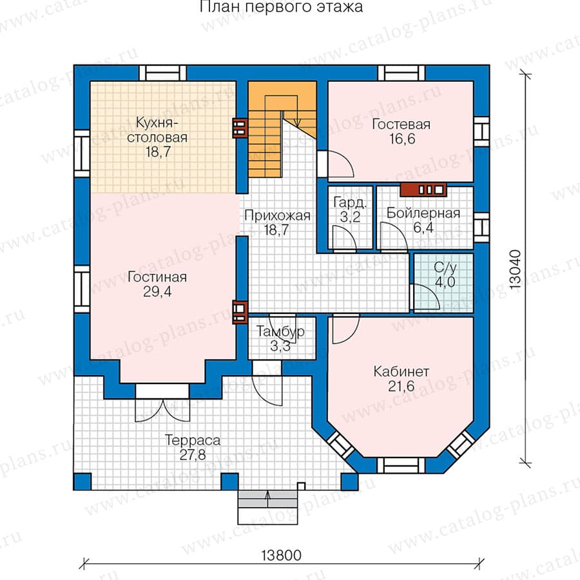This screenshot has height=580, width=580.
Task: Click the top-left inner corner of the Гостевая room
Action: click(x=329, y=82)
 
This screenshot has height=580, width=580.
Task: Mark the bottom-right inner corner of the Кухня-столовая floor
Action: click(x=236, y=193)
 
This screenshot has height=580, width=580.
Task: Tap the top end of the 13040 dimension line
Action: click(x=525, y=74)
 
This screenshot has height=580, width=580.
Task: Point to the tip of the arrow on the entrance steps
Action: click(x=268, y=492)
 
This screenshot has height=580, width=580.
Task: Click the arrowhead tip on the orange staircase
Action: click(x=297, y=126)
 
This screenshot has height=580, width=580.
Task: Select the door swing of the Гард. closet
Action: click(x=344, y=238)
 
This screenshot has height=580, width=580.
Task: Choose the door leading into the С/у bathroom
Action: click(x=425, y=296)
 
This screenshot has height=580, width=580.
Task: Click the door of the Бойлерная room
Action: click(x=394, y=237)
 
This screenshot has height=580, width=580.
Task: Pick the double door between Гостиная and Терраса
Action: click(x=162, y=403)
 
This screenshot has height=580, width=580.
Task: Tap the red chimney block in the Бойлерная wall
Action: click(x=423, y=189)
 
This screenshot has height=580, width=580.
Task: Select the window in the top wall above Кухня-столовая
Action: click(x=163, y=73)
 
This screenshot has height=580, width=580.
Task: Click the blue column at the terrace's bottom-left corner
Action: click(x=82, y=481)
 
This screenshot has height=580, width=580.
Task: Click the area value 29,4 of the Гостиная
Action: click(x=157, y=292)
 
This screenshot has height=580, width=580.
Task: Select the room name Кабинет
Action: click(x=401, y=371)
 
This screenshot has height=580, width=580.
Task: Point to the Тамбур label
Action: click(x=280, y=331)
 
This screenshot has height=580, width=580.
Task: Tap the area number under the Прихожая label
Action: click(x=276, y=230)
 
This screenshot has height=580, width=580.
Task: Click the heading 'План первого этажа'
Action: click(x=281, y=7)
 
